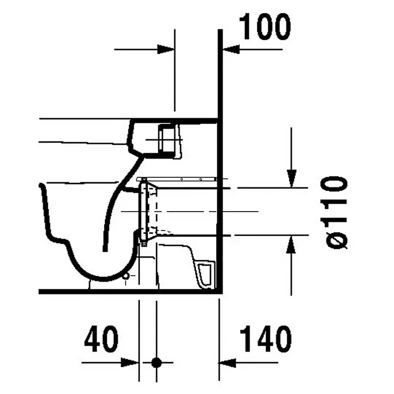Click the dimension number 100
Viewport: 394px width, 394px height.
click(x=265, y=27)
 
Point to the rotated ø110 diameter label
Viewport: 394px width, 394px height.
click(x=336, y=213)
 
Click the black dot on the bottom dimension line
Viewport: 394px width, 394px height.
click(x=157, y=362)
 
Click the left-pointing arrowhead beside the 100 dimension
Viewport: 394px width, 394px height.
click(x=231, y=49)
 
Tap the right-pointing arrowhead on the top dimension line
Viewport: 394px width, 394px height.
click(x=166, y=49)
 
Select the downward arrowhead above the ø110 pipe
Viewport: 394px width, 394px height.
click(x=292, y=179)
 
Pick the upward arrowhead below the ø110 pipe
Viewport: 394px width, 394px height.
click(x=291, y=245)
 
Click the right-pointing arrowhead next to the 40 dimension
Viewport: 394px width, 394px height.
click(x=130, y=362)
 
